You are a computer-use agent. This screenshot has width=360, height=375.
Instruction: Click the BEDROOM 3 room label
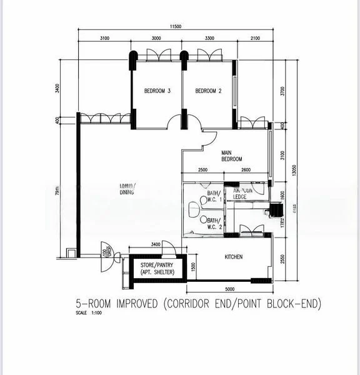[157, 91]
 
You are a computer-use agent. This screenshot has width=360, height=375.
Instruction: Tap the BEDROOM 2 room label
[209, 91]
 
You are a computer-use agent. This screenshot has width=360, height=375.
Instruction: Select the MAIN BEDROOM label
[231, 156]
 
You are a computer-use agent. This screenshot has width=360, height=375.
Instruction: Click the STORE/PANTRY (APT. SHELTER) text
[156, 269]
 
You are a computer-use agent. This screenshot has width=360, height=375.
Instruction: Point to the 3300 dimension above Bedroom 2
[209, 39]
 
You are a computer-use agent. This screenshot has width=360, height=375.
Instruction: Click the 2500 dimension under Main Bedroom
[202, 171]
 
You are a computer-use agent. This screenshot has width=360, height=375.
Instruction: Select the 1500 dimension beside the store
[193, 267]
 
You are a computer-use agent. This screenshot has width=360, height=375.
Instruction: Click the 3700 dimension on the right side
[282, 91]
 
